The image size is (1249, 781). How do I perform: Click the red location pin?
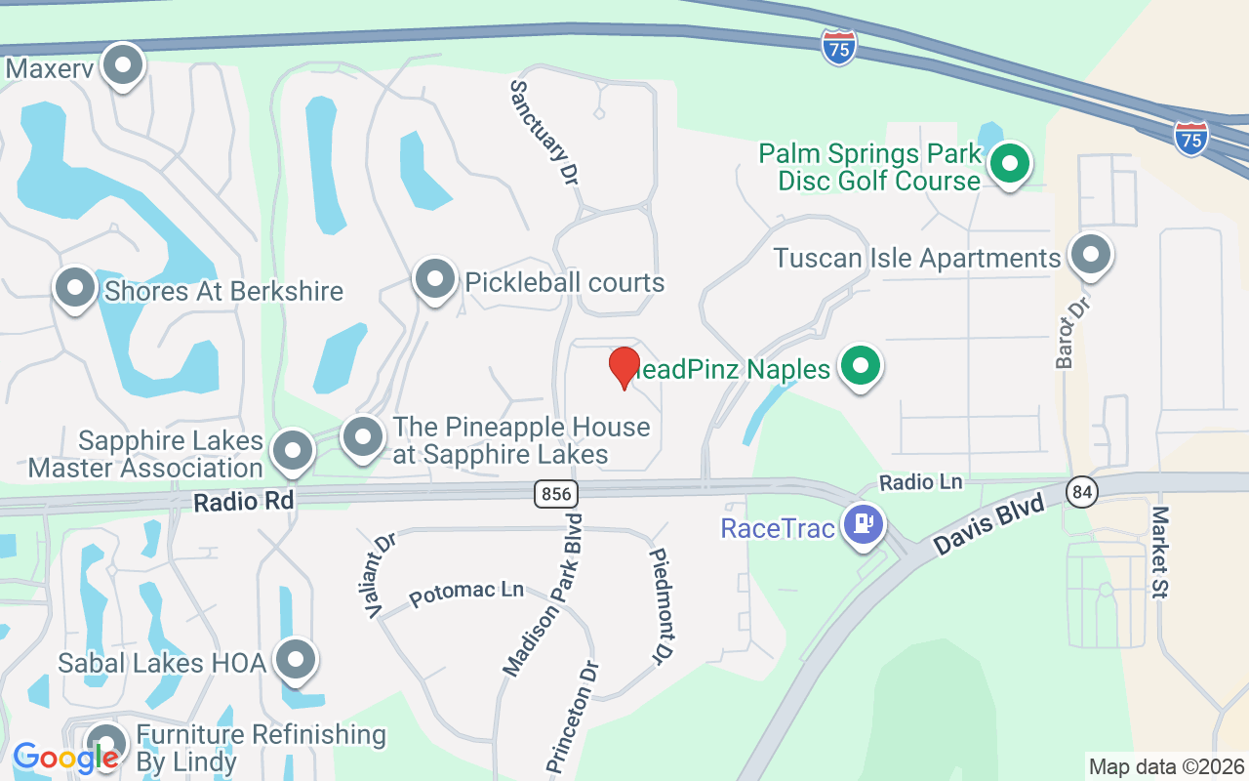[624, 367]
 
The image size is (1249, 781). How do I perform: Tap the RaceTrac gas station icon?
[864, 525]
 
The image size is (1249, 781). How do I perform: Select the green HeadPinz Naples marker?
[860, 367]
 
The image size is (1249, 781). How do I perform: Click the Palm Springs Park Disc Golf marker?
[1011, 163]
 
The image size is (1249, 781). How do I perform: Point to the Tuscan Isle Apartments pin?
[1090, 255]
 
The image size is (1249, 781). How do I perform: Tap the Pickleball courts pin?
[435, 280]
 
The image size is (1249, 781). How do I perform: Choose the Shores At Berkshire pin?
[75, 288]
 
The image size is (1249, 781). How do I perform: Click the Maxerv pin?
[123, 65]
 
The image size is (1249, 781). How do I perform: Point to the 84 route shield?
[1081, 490]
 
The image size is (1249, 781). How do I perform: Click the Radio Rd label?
[244, 501]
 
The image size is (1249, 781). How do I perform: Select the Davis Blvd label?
[989, 525]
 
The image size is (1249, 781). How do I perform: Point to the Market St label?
[1161, 552]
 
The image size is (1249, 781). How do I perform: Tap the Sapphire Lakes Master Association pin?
[293, 451]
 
